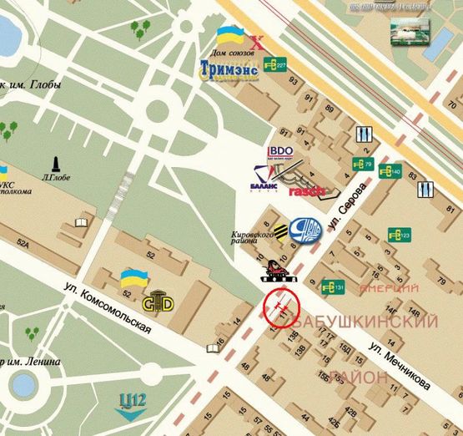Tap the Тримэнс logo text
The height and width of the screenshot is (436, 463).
(x=229, y=68)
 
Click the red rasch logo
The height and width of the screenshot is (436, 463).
(x=305, y=191)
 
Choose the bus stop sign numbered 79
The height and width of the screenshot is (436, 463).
(x=361, y=164)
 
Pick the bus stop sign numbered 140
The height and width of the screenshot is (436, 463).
(x=390, y=172)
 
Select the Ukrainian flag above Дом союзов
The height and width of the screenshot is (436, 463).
(x=229, y=36)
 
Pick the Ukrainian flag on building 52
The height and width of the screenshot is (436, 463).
(x=131, y=277)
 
